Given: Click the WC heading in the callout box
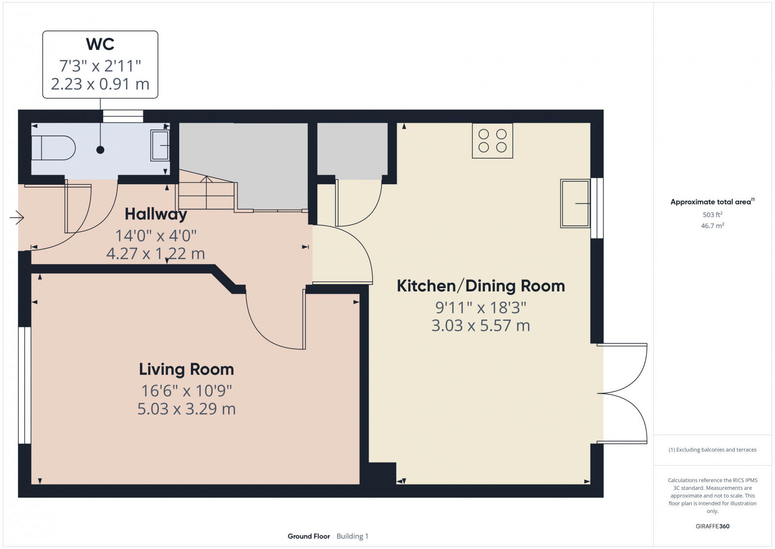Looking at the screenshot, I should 100,44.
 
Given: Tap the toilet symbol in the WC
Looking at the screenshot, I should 53,147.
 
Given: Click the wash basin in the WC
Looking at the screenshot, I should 160,145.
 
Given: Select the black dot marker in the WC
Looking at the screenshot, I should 100,150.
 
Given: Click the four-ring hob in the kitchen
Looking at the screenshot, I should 492,141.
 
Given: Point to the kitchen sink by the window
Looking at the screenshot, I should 575,203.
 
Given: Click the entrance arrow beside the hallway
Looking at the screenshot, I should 17,218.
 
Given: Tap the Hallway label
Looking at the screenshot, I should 155,214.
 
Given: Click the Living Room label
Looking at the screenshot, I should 186,370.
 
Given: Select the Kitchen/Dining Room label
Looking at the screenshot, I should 480,286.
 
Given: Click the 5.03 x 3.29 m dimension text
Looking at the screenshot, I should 186,409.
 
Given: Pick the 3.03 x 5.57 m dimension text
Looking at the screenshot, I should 480,325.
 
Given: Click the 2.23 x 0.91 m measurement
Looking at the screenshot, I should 100,84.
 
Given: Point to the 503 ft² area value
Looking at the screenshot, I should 712,214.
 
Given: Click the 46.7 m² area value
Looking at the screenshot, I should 712,226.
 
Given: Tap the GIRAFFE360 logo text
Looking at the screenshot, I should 712,526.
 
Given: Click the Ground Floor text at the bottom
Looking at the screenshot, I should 309,536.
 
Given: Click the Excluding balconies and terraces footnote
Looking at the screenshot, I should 713,450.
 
